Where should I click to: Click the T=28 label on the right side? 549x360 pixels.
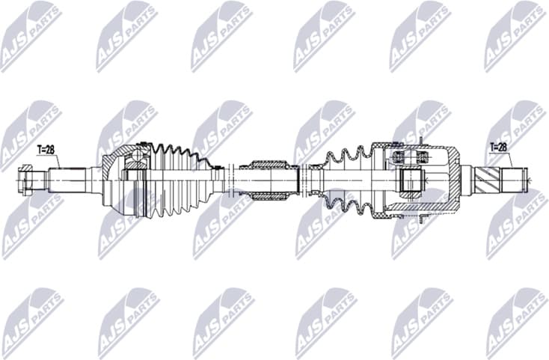(499, 147)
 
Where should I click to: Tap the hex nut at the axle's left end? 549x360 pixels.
(25, 180)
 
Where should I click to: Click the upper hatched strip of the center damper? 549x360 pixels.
(269, 164)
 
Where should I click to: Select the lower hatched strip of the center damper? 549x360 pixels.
(269, 195)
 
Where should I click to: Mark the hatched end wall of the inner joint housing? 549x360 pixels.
(453, 180)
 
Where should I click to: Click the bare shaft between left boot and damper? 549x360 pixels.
(232, 180)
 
